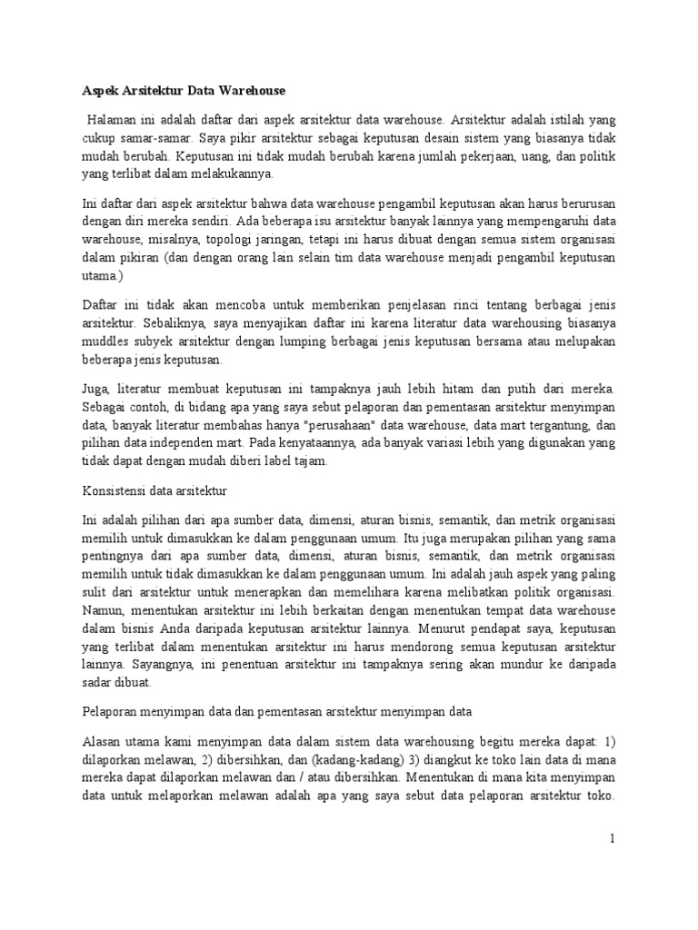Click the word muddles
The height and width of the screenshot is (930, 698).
pyautogui.click(x=99, y=342)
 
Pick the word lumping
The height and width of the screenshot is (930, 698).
pyautogui.click(x=303, y=342)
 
